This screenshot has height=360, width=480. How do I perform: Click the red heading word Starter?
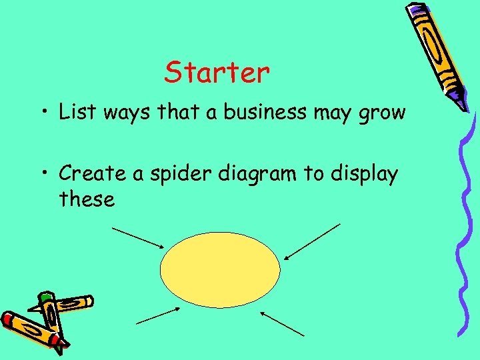click(x=217, y=73)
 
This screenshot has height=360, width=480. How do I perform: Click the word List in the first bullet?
click(x=75, y=112)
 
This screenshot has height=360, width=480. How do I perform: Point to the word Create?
click(x=91, y=174)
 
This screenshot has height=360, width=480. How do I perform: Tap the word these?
click(x=87, y=199)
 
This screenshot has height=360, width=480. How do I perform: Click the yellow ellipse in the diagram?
click(x=220, y=269)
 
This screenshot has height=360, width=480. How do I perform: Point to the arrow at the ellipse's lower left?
click(x=159, y=315)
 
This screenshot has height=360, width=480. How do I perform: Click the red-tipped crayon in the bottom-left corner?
click(x=30, y=329)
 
